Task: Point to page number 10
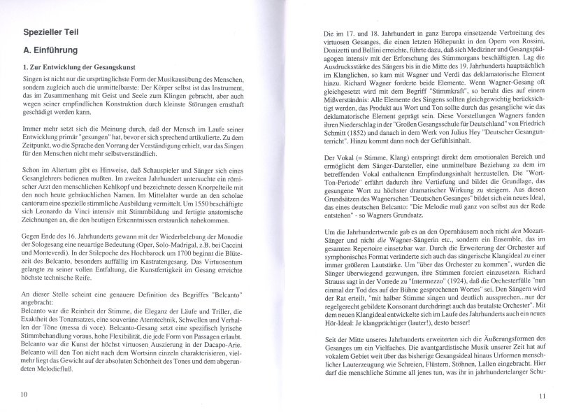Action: pyautogui.click(x=24, y=395)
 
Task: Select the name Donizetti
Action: pyautogui.click(x=333, y=53)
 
